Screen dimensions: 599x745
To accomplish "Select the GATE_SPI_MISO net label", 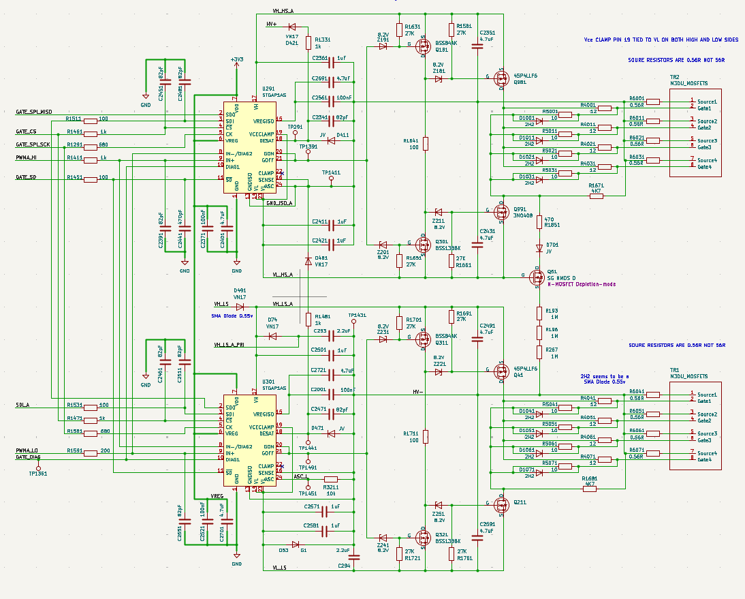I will pyautogui.click(x=33, y=112).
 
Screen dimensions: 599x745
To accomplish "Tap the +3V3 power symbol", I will pyautogui.click(x=236, y=60).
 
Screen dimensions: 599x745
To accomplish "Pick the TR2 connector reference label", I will pyautogui.click(x=674, y=77).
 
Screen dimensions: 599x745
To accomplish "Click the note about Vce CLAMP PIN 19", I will pyautogui.click(x=661, y=40).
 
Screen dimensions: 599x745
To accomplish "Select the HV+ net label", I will pyautogui.click(x=271, y=24).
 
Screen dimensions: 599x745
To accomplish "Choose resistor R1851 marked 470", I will pyautogui.click(x=539, y=221).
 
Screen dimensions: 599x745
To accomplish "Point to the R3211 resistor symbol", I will pyautogui.click(x=331, y=478).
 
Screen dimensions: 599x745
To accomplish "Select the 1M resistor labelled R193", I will pyautogui.click(x=539, y=313).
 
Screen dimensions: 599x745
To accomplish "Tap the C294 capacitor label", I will pyautogui.click(x=345, y=566).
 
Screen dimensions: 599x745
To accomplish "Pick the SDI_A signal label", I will pyautogui.click(x=22, y=405).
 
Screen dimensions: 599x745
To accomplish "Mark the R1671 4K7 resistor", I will pyautogui.click(x=597, y=196).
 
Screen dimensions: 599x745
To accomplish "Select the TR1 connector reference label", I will pyautogui.click(x=674, y=371).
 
